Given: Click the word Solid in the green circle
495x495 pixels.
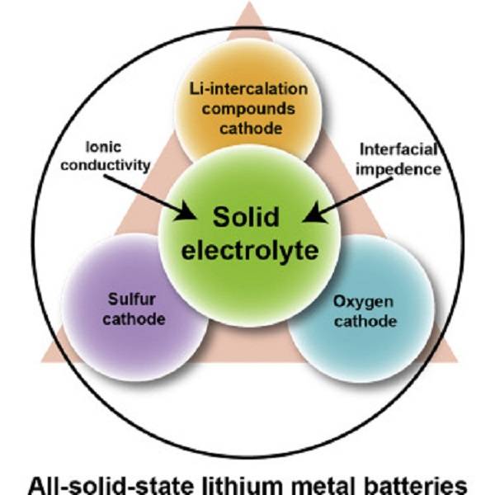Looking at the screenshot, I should [x=246, y=218].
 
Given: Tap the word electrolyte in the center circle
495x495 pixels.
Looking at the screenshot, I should [x=247, y=250].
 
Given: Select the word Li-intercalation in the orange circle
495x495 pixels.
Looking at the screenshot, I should [x=244, y=89].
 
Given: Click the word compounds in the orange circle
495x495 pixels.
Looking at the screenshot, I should [x=244, y=109].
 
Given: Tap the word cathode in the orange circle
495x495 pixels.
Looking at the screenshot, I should [x=244, y=129].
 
